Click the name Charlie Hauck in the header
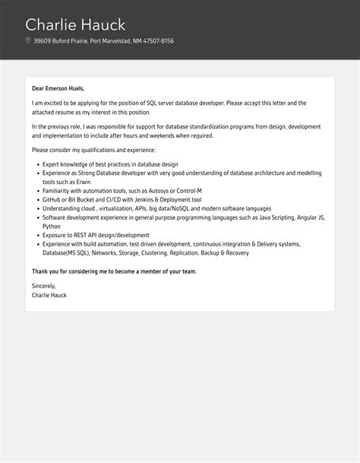pos(75,24)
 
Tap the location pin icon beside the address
pos(28,41)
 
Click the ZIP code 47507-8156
pos(156,41)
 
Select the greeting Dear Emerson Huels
pos(58,88)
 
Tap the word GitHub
pos(52,199)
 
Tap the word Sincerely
pos(43,286)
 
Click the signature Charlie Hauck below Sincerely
pos(49,294)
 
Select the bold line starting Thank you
pos(114,271)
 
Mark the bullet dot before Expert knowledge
pos(36,164)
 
